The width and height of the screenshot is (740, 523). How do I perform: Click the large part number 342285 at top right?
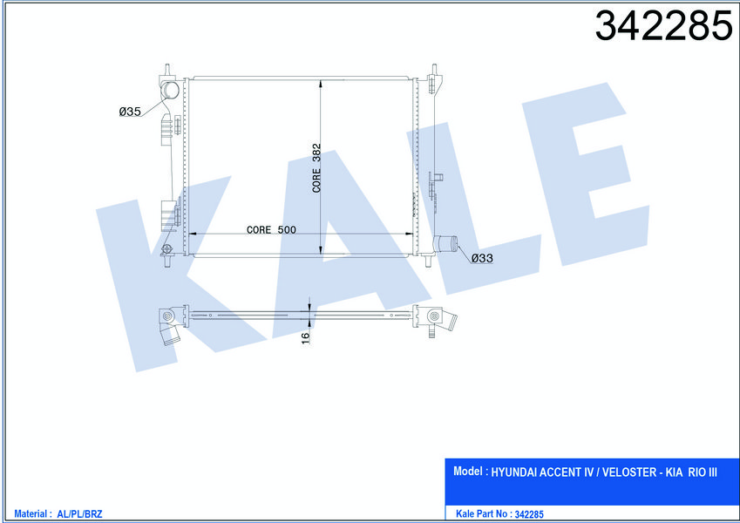pyautogui.click(x=663, y=26)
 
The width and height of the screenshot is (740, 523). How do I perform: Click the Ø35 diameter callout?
pyautogui.click(x=130, y=112)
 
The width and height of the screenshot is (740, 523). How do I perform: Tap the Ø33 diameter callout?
pyautogui.click(x=482, y=258)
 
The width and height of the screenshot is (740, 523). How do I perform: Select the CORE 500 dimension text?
pyautogui.click(x=271, y=230)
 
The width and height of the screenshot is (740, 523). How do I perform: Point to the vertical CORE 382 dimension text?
pyautogui.click(x=316, y=168)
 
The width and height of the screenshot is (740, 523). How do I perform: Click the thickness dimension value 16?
pyautogui.click(x=305, y=338)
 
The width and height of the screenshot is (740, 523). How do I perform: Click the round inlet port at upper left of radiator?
pyautogui.click(x=170, y=90)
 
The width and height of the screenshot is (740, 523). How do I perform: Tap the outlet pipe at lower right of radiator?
pyautogui.click(x=445, y=243)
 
